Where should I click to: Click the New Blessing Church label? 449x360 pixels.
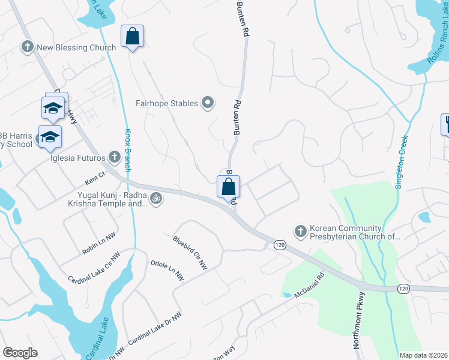tap(76, 47)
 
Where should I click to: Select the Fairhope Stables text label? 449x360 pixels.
tap(166, 103)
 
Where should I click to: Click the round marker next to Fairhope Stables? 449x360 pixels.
tap(208, 103)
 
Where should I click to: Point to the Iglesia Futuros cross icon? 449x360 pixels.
tap(115, 158)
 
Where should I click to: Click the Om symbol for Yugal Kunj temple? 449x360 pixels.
tap(155, 198)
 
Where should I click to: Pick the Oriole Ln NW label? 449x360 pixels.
tap(167, 271)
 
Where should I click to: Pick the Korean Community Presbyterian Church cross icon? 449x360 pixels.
tap(300, 231)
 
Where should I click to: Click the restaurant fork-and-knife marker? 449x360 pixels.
tap(446, 124)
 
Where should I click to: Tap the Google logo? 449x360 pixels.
tap(20, 353)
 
